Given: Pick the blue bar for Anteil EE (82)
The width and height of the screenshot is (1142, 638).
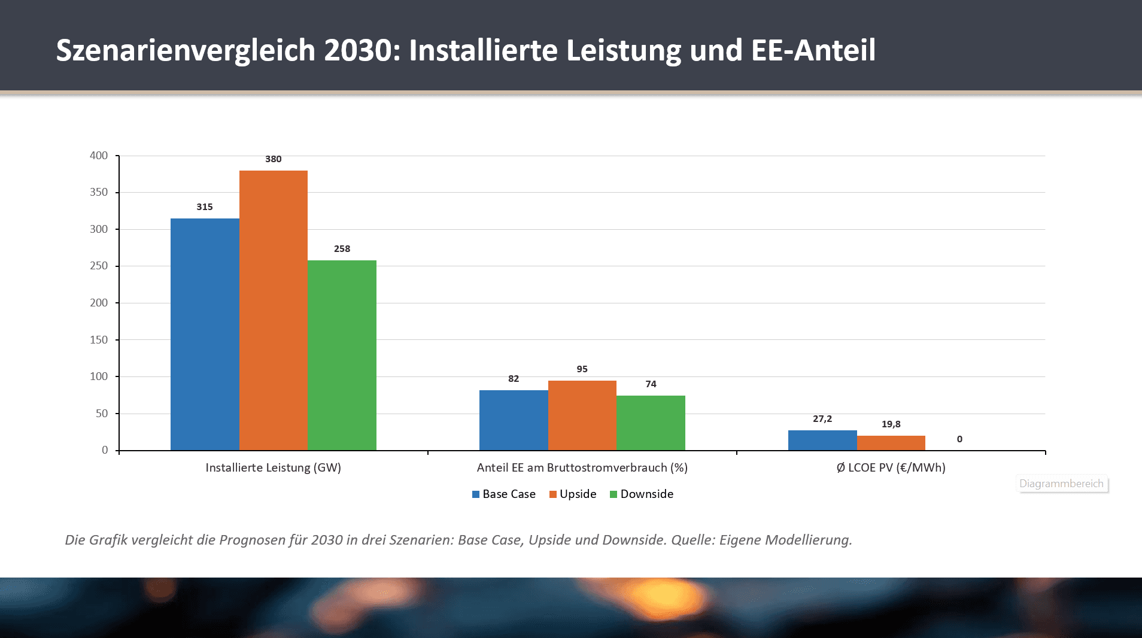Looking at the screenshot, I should coord(513,420).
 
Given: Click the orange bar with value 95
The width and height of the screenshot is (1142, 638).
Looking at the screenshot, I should coord(582,415).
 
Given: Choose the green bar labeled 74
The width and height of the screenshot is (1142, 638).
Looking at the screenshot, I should coord(651,423).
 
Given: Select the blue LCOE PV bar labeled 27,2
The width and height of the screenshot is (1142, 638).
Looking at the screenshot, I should coord(822,440).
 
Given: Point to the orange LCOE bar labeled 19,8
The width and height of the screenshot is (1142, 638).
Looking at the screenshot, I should coord(891,443).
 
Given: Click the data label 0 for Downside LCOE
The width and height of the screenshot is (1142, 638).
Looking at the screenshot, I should coord(959,439).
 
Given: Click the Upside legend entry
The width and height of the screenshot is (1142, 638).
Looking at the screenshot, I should coord(573,494).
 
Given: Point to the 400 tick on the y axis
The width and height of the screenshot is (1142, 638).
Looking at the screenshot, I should coord(99,156).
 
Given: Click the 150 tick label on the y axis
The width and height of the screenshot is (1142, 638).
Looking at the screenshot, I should coord(99,340).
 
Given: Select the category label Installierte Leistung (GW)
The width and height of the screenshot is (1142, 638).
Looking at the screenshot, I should coord(273,468).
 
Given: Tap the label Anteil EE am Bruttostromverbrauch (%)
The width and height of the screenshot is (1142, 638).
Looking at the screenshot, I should coord(582,468).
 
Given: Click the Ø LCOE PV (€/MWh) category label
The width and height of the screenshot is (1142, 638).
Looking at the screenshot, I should coord(891,468).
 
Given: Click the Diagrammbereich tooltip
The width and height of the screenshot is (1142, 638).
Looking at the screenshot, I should coord(1061,484).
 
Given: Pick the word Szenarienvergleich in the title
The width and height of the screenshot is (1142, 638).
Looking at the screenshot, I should coord(186,50).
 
